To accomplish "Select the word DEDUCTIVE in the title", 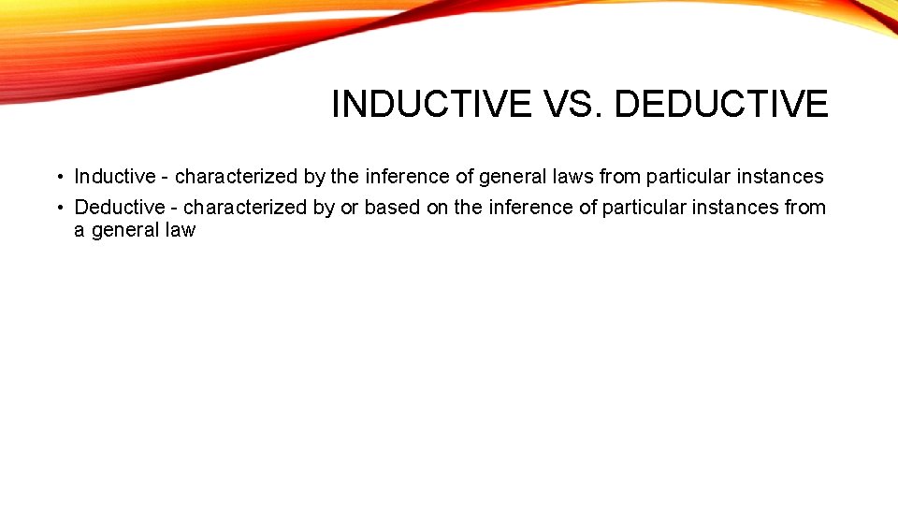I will pyautogui.click(x=721, y=105).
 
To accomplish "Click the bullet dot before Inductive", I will pyautogui.click(x=58, y=177).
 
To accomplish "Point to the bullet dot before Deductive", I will pyautogui.click(x=58, y=208).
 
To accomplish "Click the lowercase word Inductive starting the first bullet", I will pyautogui.click(x=115, y=176).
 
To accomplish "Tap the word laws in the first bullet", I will pyautogui.click(x=573, y=176).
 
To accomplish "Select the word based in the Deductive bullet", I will pyautogui.click(x=392, y=207).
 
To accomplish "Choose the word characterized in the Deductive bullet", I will pyautogui.click(x=245, y=207).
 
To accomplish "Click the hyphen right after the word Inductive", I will pyautogui.click(x=166, y=177).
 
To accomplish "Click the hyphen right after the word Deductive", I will pyautogui.click(x=173, y=208).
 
